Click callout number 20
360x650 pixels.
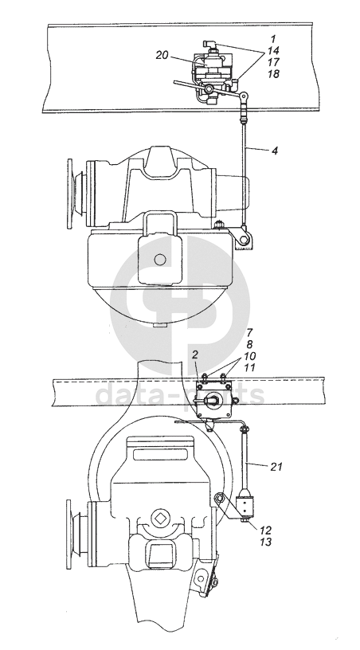[x=162, y=55]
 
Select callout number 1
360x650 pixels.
[x=273, y=39]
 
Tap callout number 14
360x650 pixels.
[x=273, y=50]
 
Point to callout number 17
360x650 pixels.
[x=273, y=62]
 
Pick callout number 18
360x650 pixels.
[x=273, y=74]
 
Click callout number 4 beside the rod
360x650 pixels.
[x=275, y=151]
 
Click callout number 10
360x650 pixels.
[x=250, y=356]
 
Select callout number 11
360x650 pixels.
[x=250, y=367]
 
